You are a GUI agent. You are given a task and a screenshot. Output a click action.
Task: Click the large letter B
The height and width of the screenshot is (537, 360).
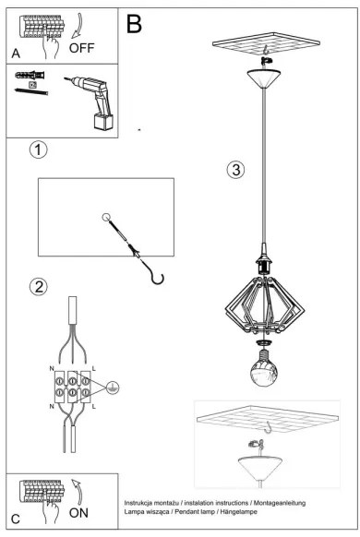tap(136, 24)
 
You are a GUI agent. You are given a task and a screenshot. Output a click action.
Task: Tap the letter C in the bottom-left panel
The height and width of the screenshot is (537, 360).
tap(16, 519)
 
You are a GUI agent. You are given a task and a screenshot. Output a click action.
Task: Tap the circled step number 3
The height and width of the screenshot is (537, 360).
tap(236, 170)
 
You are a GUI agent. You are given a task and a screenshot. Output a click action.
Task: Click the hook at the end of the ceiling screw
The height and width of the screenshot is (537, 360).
tap(159, 275)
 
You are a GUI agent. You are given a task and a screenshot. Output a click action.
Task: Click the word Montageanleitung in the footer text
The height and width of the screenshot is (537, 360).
tap(283, 503)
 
